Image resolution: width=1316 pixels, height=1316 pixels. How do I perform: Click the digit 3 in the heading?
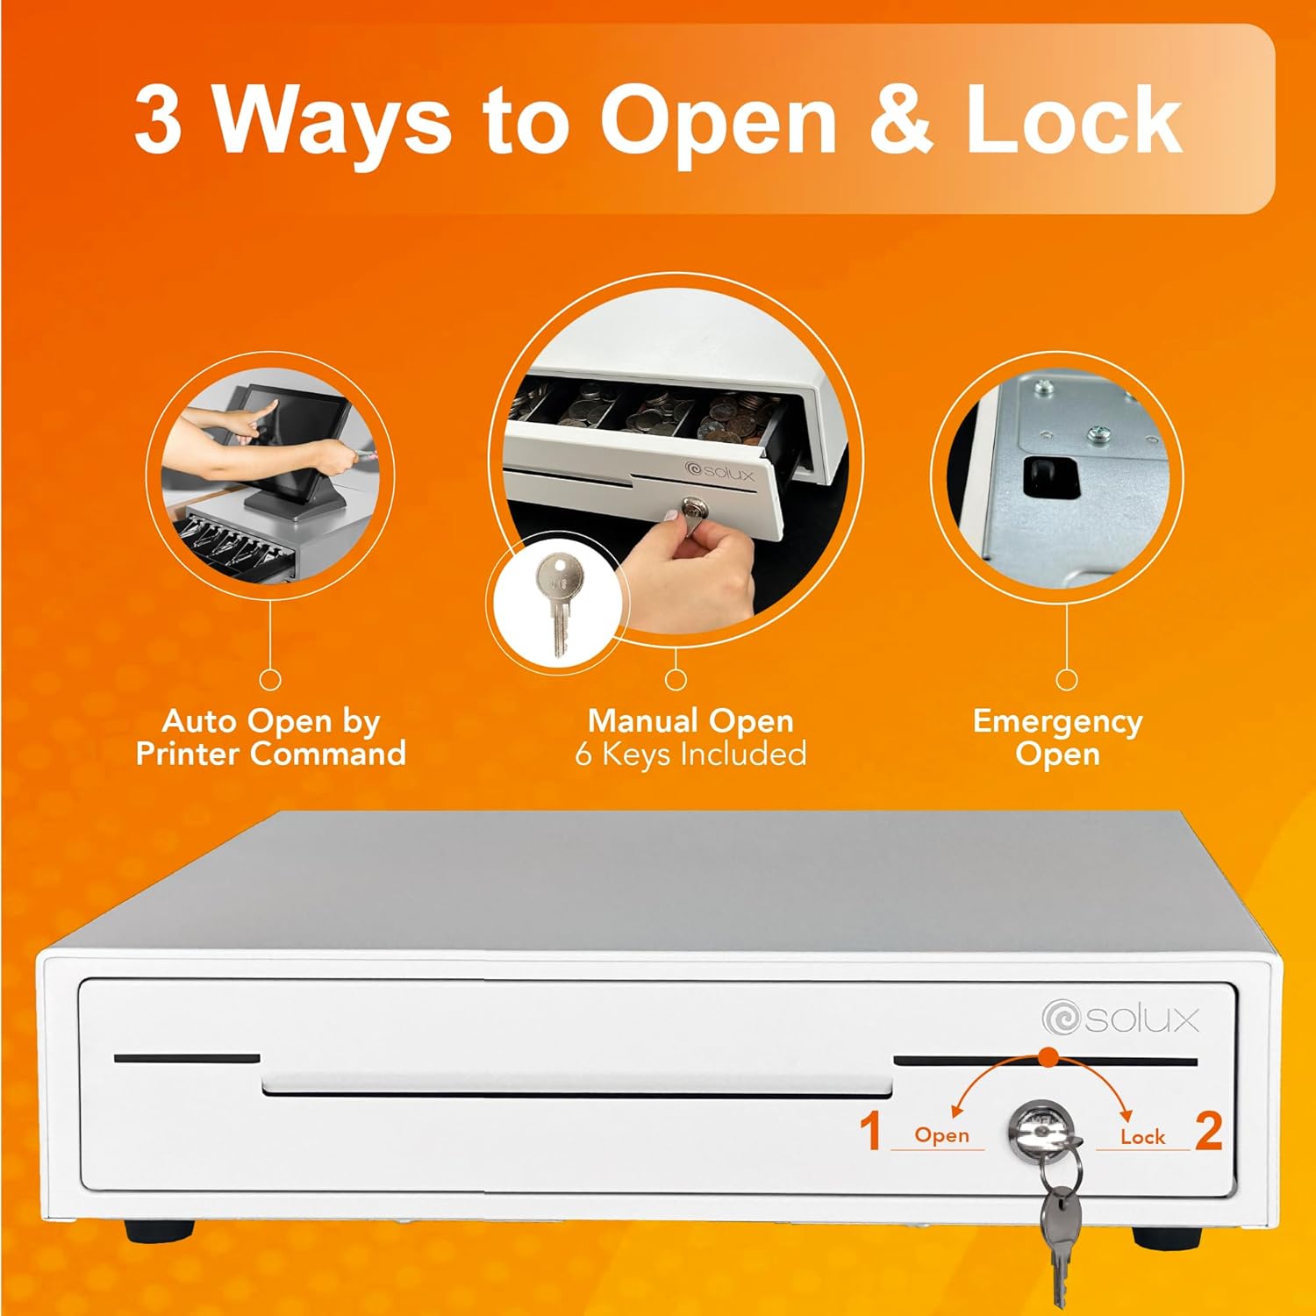pos(159,119)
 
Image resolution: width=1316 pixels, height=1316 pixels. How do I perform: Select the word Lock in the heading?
pos(1074,119)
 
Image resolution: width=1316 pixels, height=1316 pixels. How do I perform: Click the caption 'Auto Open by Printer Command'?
pos(271,737)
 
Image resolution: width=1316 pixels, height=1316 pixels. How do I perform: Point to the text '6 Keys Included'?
pos(690,755)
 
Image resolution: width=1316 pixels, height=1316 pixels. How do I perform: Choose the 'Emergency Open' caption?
pos(1057,737)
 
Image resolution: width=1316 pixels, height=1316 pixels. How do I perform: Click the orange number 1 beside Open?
pos(869,1130)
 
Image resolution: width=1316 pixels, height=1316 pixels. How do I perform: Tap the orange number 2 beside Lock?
pos(1209,1130)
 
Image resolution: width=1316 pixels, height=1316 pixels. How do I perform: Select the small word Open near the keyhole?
pos(941,1135)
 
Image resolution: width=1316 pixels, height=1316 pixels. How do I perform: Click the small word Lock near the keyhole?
pos(1142,1137)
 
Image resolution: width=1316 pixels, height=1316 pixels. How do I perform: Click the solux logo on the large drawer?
pos(1120,1019)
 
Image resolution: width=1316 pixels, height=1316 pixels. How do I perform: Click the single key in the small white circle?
pos(556,604)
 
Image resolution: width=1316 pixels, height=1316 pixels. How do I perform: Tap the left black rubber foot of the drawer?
pos(160,1231)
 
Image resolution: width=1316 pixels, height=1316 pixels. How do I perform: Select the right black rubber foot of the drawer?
pos(1168,1236)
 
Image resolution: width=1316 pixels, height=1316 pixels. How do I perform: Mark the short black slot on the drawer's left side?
pos(187,1058)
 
